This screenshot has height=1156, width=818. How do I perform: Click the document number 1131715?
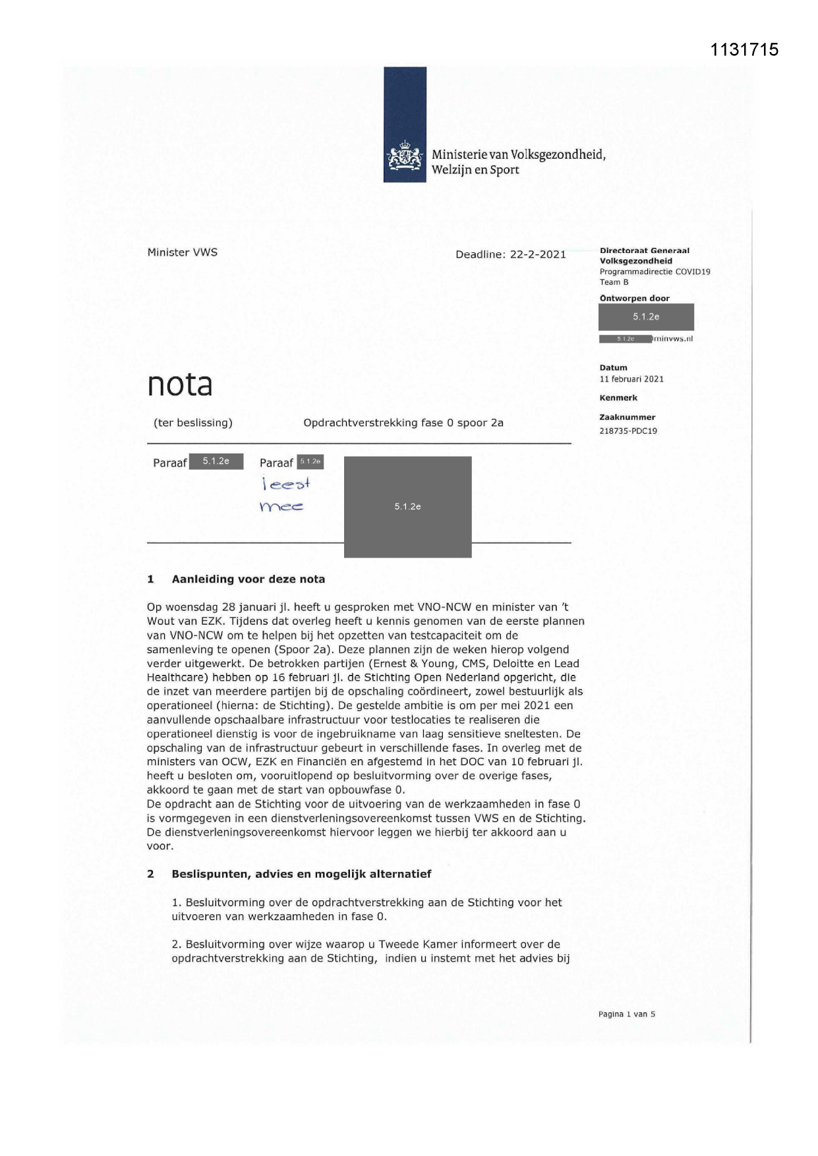745,49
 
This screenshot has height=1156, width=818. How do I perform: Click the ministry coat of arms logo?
403,158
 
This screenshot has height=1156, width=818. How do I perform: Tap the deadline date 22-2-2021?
537,254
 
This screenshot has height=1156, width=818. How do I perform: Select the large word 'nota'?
180,384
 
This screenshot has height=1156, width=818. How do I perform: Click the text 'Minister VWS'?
183,252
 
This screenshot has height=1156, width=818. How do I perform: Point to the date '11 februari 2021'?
631,379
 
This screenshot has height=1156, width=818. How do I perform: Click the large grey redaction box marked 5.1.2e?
407,506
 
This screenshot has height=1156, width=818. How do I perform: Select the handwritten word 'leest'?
286,484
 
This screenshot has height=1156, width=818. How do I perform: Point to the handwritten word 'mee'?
281,507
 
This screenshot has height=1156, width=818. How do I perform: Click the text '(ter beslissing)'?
193,423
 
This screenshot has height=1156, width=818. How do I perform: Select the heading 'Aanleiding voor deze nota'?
248,579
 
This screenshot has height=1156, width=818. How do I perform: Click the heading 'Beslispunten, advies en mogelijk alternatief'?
301,874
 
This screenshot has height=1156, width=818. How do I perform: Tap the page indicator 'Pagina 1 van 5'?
627,1014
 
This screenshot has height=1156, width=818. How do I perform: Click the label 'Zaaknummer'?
628,417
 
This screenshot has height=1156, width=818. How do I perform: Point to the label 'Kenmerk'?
618,398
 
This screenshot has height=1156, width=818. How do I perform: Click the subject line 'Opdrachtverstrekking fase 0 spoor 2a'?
403,423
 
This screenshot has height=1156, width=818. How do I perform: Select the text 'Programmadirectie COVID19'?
655,272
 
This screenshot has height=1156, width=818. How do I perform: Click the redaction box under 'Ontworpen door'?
646,317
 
